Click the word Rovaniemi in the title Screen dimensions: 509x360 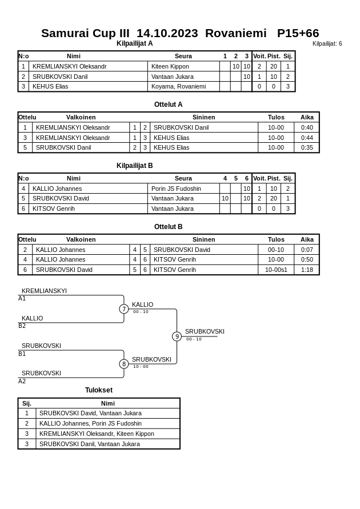tap(235, 33)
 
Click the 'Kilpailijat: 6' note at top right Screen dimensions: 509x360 tap(327, 43)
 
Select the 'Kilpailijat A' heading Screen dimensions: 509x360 tap(134, 43)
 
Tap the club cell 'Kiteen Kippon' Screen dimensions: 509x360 tap(170, 66)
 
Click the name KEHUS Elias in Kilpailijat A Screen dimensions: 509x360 tap(50, 87)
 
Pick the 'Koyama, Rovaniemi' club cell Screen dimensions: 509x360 tap(178, 87)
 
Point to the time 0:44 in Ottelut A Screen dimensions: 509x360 tap(307, 138)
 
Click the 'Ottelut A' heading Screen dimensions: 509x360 tap(168, 105)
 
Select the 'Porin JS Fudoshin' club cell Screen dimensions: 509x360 tap(176, 189)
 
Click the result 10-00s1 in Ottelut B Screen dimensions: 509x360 tap(276, 270)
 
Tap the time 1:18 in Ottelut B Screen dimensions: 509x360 tap(307, 270)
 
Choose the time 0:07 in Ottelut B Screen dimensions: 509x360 tap(307, 250)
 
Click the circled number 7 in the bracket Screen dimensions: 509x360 tap(124, 309)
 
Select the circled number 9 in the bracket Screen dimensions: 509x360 tap(177, 336)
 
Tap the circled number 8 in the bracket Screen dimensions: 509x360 tap(124, 364)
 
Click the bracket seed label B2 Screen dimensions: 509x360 tap(22, 326)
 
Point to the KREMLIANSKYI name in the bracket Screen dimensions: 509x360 tap(44, 291)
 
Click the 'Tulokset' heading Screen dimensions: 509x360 tap(99, 390)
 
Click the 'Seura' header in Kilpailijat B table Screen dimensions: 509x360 tap(183, 178)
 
